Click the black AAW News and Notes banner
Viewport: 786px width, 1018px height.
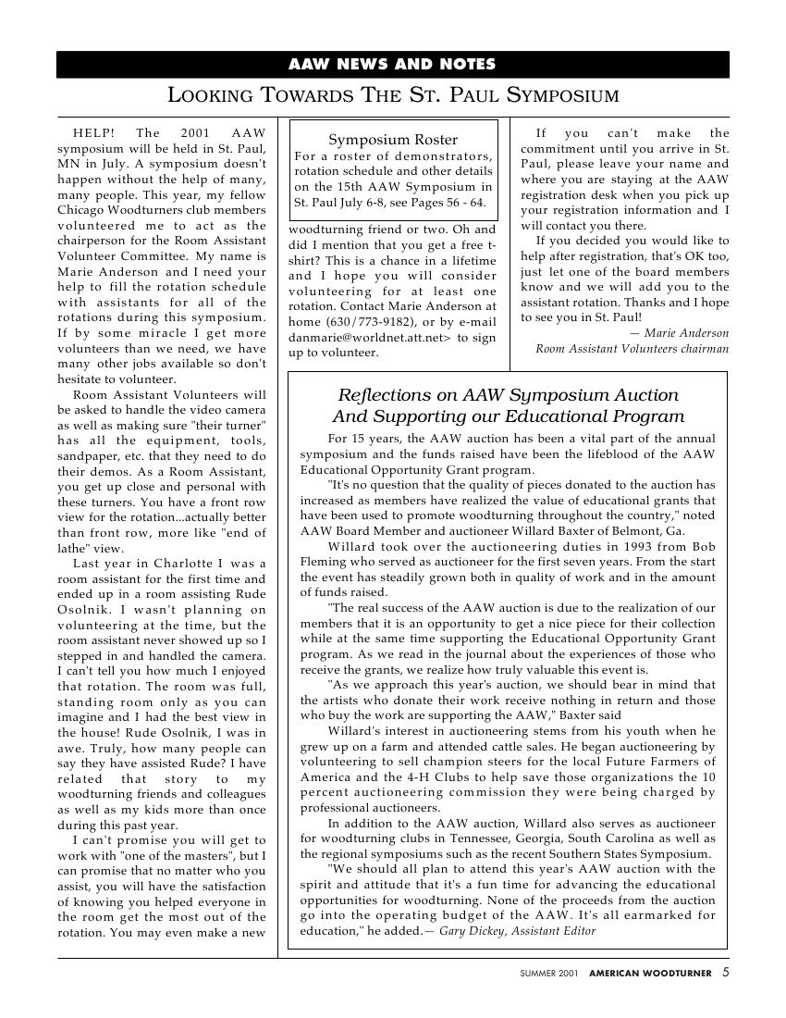[392, 65]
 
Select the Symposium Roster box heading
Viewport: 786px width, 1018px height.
[393, 140]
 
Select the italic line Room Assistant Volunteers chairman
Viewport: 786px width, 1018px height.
[632, 348]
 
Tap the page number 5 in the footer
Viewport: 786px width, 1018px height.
[726, 973]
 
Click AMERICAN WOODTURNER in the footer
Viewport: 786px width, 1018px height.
[650, 974]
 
